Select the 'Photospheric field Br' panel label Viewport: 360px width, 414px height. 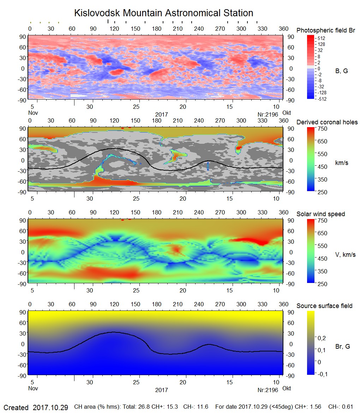[x=325, y=30]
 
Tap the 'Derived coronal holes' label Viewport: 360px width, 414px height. [x=327, y=122]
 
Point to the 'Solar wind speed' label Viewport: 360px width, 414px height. [x=320, y=214]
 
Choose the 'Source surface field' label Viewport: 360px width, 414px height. [x=324, y=306]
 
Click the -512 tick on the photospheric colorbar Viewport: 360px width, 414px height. [x=322, y=99]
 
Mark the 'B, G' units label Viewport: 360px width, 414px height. [x=341, y=71]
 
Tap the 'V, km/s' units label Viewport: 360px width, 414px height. [x=345, y=255]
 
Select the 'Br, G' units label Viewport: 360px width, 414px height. [x=343, y=347]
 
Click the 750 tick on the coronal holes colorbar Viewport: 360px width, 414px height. [x=323, y=129]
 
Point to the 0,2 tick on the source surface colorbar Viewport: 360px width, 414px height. [x=322, y=338]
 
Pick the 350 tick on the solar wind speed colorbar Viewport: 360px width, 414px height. [x=323, y=271]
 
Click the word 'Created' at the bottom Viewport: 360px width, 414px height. [x=16, y=408]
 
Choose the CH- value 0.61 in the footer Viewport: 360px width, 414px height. [x=347, y=407]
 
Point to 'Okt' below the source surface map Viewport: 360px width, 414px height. [x=287, y=388]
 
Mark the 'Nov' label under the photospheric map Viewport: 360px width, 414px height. [x=33, y=113]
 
